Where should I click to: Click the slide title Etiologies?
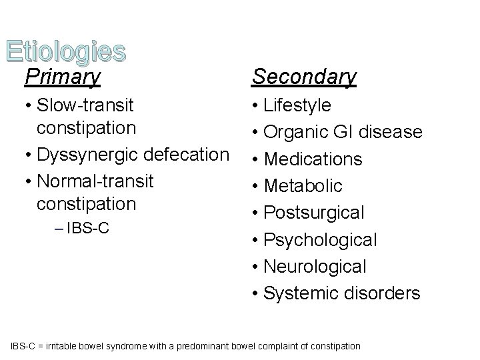65,51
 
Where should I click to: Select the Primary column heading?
62,77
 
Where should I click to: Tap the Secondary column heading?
304,77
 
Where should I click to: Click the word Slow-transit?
86,105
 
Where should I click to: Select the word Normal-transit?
96,180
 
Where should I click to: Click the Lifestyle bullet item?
297,105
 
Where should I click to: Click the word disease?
393,133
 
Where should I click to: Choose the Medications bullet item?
313,159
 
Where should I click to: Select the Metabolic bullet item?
303,186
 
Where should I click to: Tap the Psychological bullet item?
321,239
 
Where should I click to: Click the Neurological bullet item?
315,267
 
